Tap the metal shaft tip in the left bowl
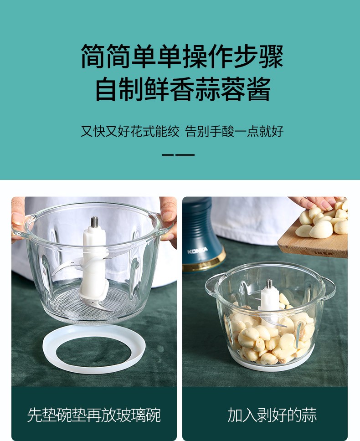coord(94,222)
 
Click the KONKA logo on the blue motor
coord(197,250)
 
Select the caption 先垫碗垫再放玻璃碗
coord(94,415)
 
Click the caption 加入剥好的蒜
coord(272,415)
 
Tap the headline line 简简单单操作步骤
coord(182,56)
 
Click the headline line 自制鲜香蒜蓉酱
coord(183,89)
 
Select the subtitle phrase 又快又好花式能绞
coord(130,131)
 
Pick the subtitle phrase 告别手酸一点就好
coord(234,131)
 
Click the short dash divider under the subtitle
coord(178,155)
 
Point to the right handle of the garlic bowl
coord(329,288)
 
